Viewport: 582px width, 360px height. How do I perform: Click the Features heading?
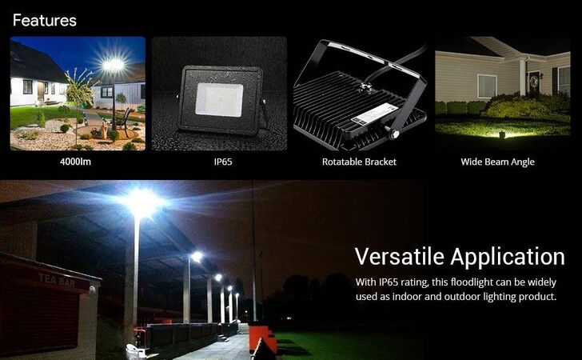[45, 21]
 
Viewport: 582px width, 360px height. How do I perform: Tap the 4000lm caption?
[75, 162]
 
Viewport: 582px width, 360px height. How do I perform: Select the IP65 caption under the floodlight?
[223, 162]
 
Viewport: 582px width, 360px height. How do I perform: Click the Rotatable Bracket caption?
[359, 162]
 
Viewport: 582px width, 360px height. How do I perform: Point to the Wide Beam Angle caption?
[498, 162]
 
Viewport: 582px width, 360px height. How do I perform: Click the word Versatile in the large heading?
[400, 256]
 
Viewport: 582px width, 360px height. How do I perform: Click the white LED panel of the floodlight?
[219, 99]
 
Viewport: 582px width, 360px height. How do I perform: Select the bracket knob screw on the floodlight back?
[393, 133]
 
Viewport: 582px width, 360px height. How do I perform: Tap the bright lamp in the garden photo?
[114, 65]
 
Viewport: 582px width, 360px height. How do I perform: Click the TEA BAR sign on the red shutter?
[57, 280]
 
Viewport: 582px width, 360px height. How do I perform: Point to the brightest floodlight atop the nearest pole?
[142, 203]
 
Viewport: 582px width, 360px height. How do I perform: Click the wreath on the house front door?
[534, 82]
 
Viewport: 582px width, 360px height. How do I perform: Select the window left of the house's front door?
[487, 86]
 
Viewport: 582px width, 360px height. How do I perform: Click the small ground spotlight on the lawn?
[502, 134]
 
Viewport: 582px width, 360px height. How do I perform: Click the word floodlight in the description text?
[472, 282]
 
